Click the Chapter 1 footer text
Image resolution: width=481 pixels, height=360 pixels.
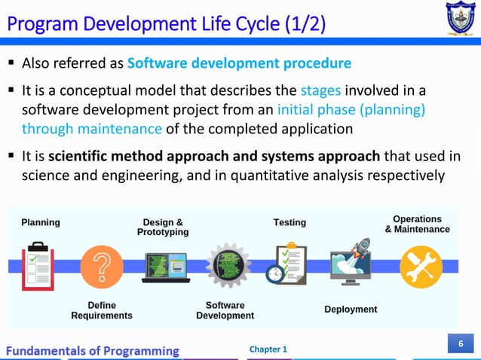pyautogui.click(x=268, y=349)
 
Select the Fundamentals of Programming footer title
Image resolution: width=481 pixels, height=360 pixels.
pyautogui.click(x=93, y=350)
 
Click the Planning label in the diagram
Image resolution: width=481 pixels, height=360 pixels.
pyautogui.click(x=41, y=222)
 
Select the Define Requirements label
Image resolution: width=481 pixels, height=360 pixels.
pyautogui.click(x=102, y=310)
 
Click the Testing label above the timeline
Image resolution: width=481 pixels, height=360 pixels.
pyautogui.click(x=290, y=222)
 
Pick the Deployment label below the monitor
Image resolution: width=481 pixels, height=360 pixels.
pyautogui.click(x=351, y=310)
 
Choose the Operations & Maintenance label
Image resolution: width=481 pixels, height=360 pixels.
pyautogui.click(x=417, y=224)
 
